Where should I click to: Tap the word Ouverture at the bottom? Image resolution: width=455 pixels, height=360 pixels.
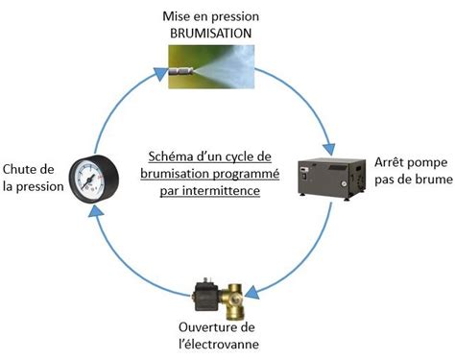click(212, 325)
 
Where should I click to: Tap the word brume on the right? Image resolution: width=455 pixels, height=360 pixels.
click(431, 177)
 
